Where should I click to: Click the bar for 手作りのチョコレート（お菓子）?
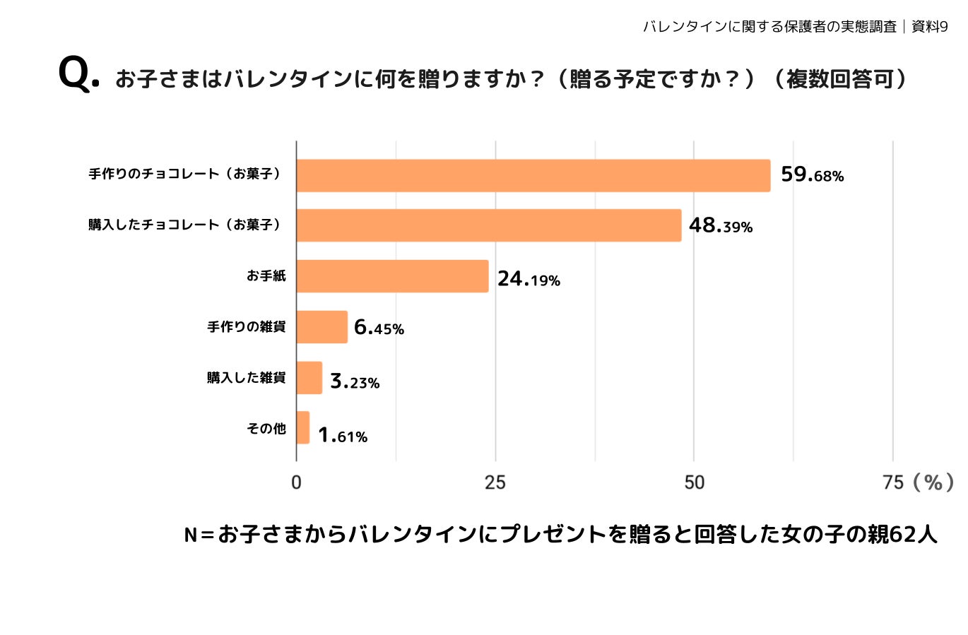coord(533,175)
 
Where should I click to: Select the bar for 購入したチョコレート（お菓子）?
coord(488,225)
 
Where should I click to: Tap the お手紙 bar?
coord(392,276)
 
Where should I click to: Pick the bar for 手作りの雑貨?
coord(321,327)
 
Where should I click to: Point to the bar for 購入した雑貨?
coord(309,378)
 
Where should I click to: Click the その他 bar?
coord(302,428)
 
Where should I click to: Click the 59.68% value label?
coord(812,174)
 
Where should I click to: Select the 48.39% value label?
coord(720,225)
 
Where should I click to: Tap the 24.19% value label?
coord(529,279)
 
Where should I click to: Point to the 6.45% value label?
coord(379,328)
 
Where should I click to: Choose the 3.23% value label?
coord(355,381)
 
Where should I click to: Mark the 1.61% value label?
coord(343,435)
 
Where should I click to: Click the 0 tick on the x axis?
coord(296,482)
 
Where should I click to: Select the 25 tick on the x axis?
coord(495,482)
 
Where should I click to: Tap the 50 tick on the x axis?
coord(694,482)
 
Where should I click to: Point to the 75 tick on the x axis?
coord(893,482)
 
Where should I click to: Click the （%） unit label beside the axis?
coord(933,482)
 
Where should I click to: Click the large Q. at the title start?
coord(78,73)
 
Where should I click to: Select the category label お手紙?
coord(266,276)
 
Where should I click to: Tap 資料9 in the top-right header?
coord(929,27)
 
